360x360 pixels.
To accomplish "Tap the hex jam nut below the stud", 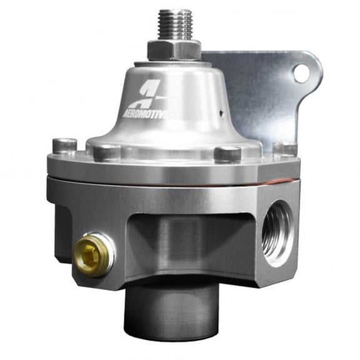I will coord(174,49).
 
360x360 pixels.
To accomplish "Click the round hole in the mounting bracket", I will coord(301,74).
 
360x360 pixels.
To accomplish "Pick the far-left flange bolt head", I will coord(64,146).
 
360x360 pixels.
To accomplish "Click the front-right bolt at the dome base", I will coord(227,153).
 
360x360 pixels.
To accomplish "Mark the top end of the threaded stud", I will coord(174,11).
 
